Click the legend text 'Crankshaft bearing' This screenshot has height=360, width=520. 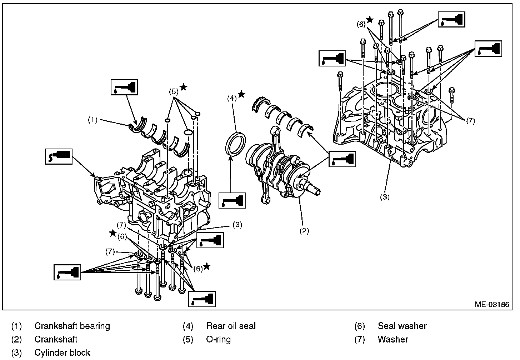[x=72, y=326]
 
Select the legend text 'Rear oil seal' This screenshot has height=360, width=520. [x=231, y=326]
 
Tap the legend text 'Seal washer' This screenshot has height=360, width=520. [x=402, y=326]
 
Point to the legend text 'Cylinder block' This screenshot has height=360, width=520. [x=62, y=352]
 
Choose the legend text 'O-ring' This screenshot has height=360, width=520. [x=218, y=339]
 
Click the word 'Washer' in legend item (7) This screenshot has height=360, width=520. [x=393, y=339]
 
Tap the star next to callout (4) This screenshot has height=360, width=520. [x=241, y=94]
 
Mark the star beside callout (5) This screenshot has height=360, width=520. [x=184, y=87]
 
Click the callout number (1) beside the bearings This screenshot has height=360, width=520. [x=93, y=120]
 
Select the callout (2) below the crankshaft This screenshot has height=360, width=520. [x=304, y=231]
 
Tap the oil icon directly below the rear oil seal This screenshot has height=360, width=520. [x=232, y=201]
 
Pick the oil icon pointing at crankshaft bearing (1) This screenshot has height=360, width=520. [x=124, y=87]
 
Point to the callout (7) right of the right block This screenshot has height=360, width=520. [x=470, y=121]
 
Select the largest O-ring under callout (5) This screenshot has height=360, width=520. [x=188, y=132]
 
